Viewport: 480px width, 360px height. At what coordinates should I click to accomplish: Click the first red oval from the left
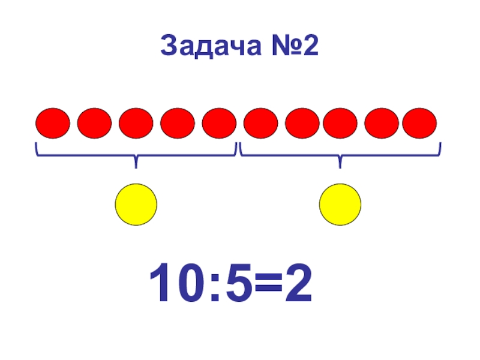(x=53, y=123)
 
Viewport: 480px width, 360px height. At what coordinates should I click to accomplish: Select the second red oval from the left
(x=94, y=123)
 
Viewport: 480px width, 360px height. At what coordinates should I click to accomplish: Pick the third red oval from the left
(x=136, y=123)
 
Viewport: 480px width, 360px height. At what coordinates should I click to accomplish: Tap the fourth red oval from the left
(x=178, y=123)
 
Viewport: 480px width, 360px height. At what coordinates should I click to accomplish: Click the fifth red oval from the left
(x=219, y=123)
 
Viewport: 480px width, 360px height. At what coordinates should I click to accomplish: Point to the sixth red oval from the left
(x=261, y=123)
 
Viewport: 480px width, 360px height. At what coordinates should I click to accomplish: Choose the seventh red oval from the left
(x=302, y=123)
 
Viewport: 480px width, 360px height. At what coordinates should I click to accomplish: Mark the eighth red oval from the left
(x=340, y=123)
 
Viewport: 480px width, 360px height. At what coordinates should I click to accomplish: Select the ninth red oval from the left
(x=382, y=123)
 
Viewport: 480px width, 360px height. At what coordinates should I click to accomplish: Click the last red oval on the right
(x=419, y=123)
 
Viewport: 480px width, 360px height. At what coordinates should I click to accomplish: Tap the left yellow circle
(x=136, y=205)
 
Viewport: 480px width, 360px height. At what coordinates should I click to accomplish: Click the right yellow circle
(x=340, y=205)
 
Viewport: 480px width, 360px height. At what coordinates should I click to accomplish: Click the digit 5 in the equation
(x=232, y=284)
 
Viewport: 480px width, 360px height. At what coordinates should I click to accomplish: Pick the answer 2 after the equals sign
(x=298, y=284)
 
